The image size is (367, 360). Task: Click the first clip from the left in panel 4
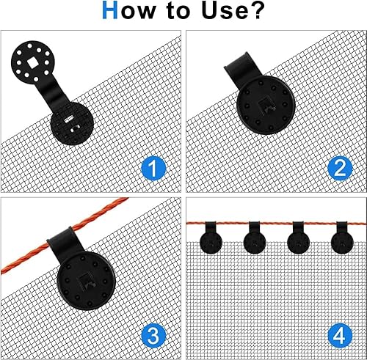pyautogui.click(x=210, y=238)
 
